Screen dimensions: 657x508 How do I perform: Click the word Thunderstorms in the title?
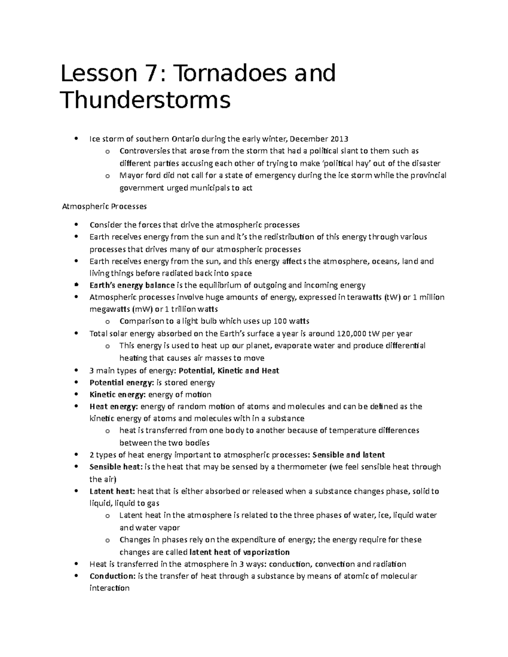tap(146, 101)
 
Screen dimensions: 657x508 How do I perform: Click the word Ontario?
tap(185, 139)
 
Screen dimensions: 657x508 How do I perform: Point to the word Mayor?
tap(132, 176)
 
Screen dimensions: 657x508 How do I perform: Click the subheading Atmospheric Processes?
tap(104, 206)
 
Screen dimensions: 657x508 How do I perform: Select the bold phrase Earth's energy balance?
tap(132, 285)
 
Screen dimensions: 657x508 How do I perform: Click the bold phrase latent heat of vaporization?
tap(239, 552)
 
